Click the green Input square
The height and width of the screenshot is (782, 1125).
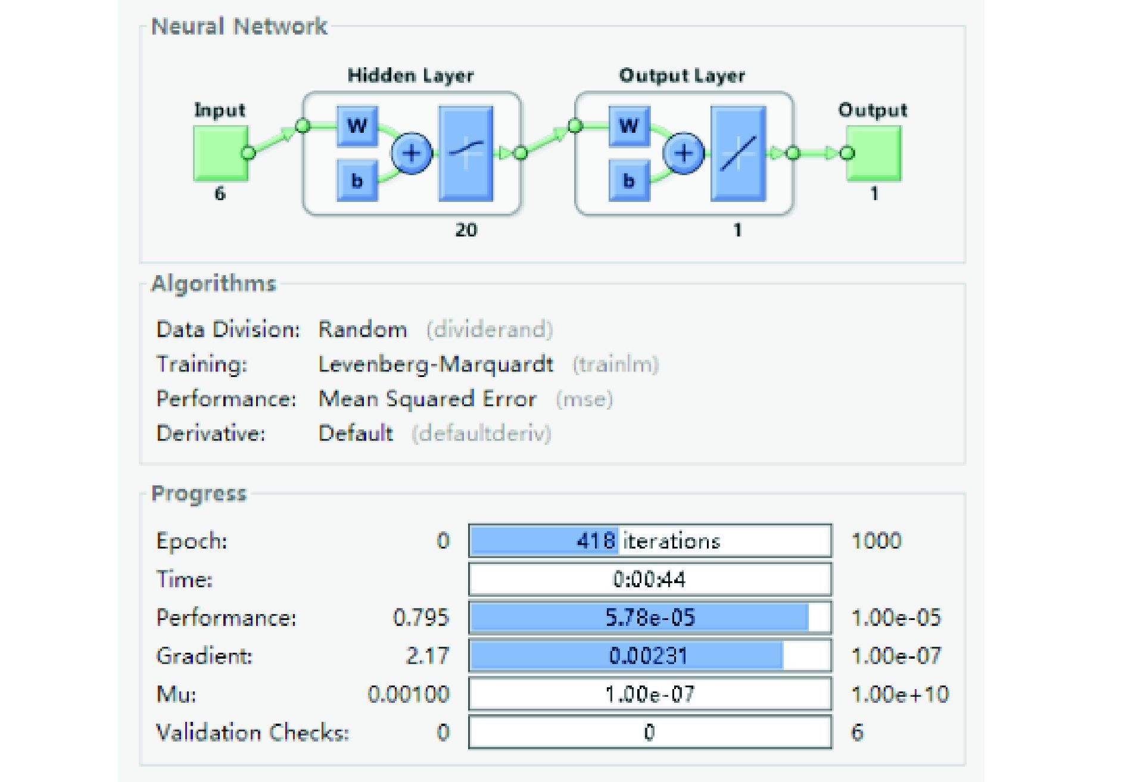(x=220, y=153)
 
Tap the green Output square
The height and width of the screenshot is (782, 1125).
(x=874, y=153)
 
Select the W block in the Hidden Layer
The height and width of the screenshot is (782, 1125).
(x=357, y=126)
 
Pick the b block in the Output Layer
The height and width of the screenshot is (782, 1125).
(x=629, y=180)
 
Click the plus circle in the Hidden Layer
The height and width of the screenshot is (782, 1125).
(x=412, y=153)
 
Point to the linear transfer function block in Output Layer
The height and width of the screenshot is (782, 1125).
(x=738, y=153)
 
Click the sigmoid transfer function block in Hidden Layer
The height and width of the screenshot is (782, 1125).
(x=466, y=153)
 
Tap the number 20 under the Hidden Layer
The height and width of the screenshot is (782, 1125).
(x=466, y=230)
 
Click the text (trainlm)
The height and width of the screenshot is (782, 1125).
(x=615, y=364)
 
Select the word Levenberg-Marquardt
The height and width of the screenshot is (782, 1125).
(x=435, y=364)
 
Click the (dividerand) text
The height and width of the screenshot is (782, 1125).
(x=490, y=329)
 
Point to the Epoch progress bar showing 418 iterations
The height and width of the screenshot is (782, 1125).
(x=650, y=541)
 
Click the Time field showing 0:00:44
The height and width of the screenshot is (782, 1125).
(x=650, y=579)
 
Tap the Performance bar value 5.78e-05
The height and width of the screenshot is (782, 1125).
(x=650, y=617)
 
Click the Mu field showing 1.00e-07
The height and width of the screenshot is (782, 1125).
(x=650, y=694)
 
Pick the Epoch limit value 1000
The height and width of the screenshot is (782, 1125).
(x=876, y=541)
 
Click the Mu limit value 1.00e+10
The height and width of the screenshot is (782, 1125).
(x=900, y=694)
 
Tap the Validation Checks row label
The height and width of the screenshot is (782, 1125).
(x=252, y=732)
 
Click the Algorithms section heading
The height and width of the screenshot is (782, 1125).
(x=214, y=283)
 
